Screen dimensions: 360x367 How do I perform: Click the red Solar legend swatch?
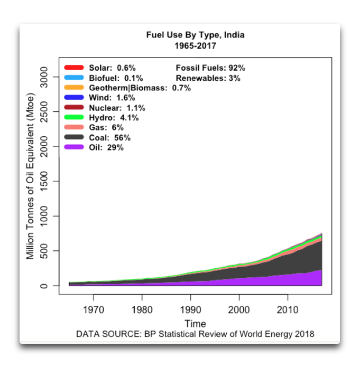(74, 68)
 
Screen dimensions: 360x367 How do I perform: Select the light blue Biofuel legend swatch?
(74, 78)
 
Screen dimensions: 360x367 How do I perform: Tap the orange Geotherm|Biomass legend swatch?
(74, 88)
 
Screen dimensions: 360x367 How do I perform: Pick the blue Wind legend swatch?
(74, 97)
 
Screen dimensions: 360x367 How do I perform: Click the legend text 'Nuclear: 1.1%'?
(117, 108)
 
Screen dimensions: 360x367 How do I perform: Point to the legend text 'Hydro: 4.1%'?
(114, 118)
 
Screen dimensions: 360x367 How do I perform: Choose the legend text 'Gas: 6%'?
(106, 128)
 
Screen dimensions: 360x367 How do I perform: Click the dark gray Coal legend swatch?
(74, 137)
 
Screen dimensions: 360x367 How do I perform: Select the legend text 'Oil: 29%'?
(106, 148)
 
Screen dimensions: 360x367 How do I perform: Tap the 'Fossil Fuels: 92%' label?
(210, 68)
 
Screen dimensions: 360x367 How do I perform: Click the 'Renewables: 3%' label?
(208, 78)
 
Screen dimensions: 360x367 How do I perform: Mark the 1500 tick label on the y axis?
(44, 182)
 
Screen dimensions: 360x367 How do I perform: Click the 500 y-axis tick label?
(44, 251)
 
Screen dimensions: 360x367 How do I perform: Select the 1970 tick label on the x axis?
(94, 310)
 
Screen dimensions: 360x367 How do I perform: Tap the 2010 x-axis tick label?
(288, 310)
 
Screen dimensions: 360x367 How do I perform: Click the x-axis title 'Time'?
(195, 324)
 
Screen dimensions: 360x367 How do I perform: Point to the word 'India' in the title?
(234, 35)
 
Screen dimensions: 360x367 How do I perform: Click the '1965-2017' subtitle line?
(195, 46)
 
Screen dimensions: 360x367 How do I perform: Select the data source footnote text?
(195, 334)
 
